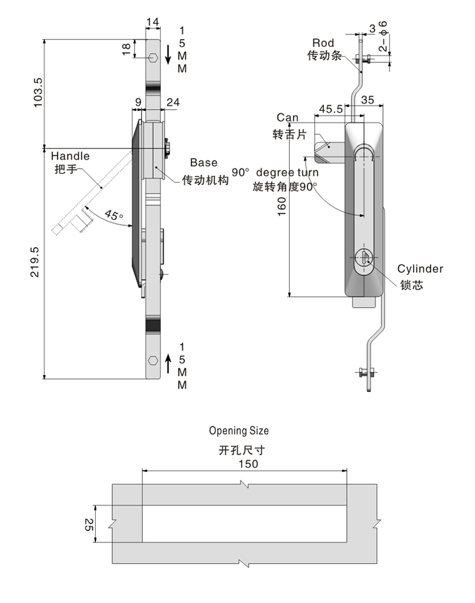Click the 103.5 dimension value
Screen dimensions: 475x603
click(37, 92)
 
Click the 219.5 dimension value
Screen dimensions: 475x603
click(34, 262)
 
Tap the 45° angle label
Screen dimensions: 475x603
click(114, 215)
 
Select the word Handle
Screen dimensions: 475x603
click(70, 156)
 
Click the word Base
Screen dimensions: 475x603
click(204, 162)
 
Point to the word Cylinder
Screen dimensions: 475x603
click(420, 269)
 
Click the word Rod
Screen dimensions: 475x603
click(323, 43)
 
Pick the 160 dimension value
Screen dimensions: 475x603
click(282, 206)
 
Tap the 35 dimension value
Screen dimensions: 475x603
click(367, 99)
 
